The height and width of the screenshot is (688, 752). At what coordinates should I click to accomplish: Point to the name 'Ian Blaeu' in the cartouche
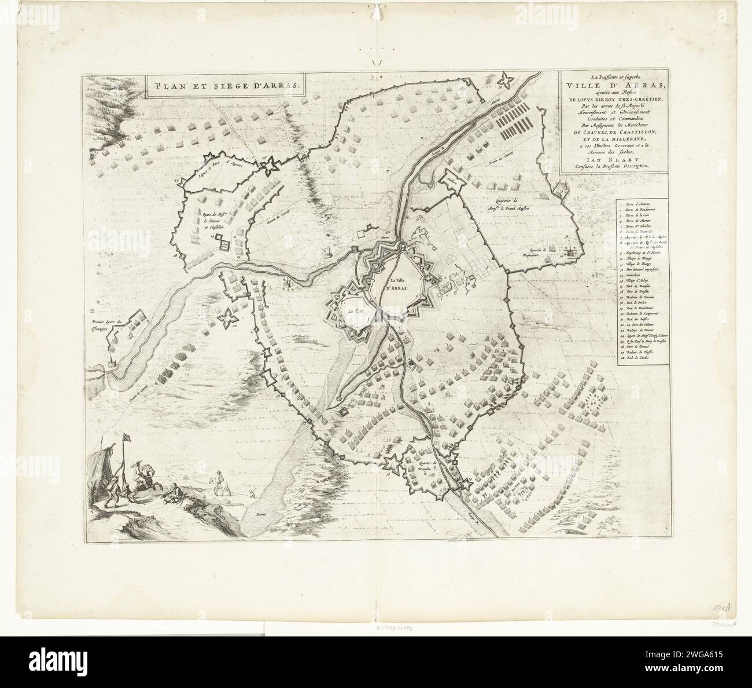click(x=611, y=155)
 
